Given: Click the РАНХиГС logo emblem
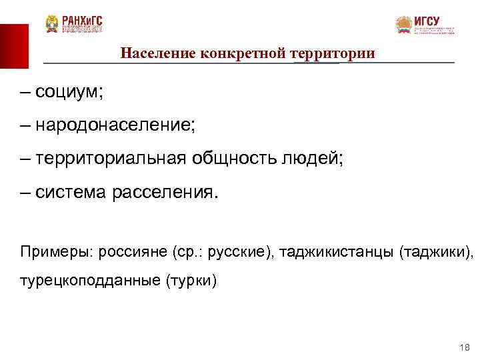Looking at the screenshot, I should (52, 24).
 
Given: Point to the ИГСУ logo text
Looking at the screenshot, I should (427, 21).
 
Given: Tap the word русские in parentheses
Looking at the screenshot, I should (239, 253).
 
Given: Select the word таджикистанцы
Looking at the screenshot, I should (337, 253).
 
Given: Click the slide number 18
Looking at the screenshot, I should (464, 348).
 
